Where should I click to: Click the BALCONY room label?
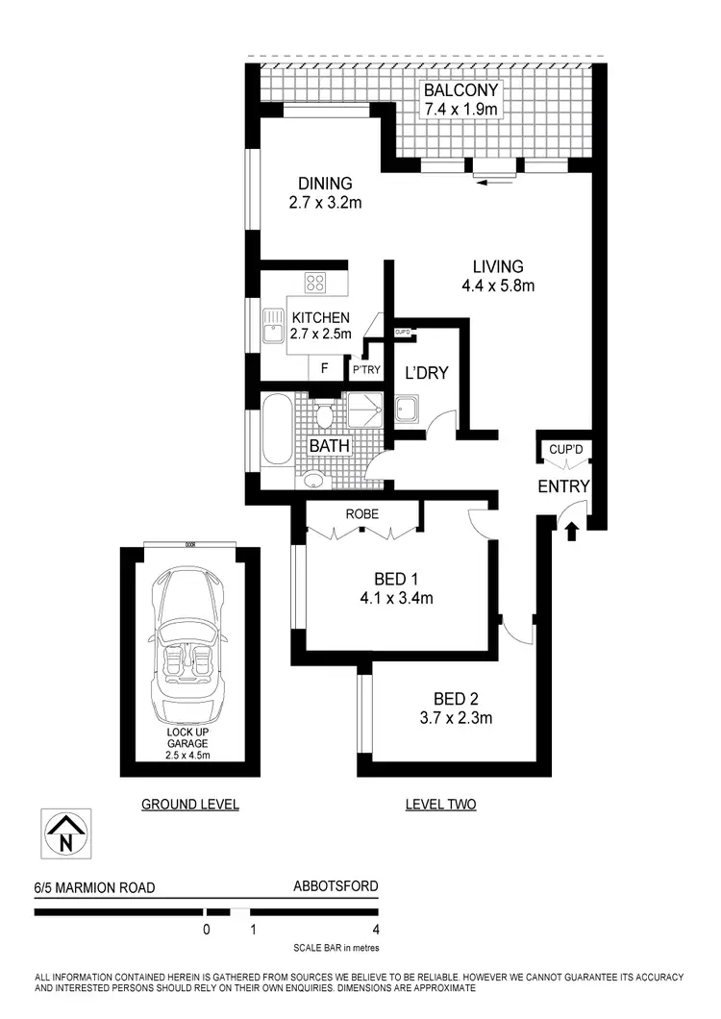[460, 92]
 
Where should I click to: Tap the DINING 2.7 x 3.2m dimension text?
[324, 203]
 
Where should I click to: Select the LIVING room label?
[497, 266]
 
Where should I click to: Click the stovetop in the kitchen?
[316, 283]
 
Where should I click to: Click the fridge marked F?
[324, 368]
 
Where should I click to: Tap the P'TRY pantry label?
[365, 369]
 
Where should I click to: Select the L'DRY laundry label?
[426, 373]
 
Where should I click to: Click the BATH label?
[329, 447]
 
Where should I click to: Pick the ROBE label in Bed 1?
[361, 513]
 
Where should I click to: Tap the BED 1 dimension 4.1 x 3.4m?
[403, 598]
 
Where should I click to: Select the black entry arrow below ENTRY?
[572, 530]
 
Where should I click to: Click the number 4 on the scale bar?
[375, 930]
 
